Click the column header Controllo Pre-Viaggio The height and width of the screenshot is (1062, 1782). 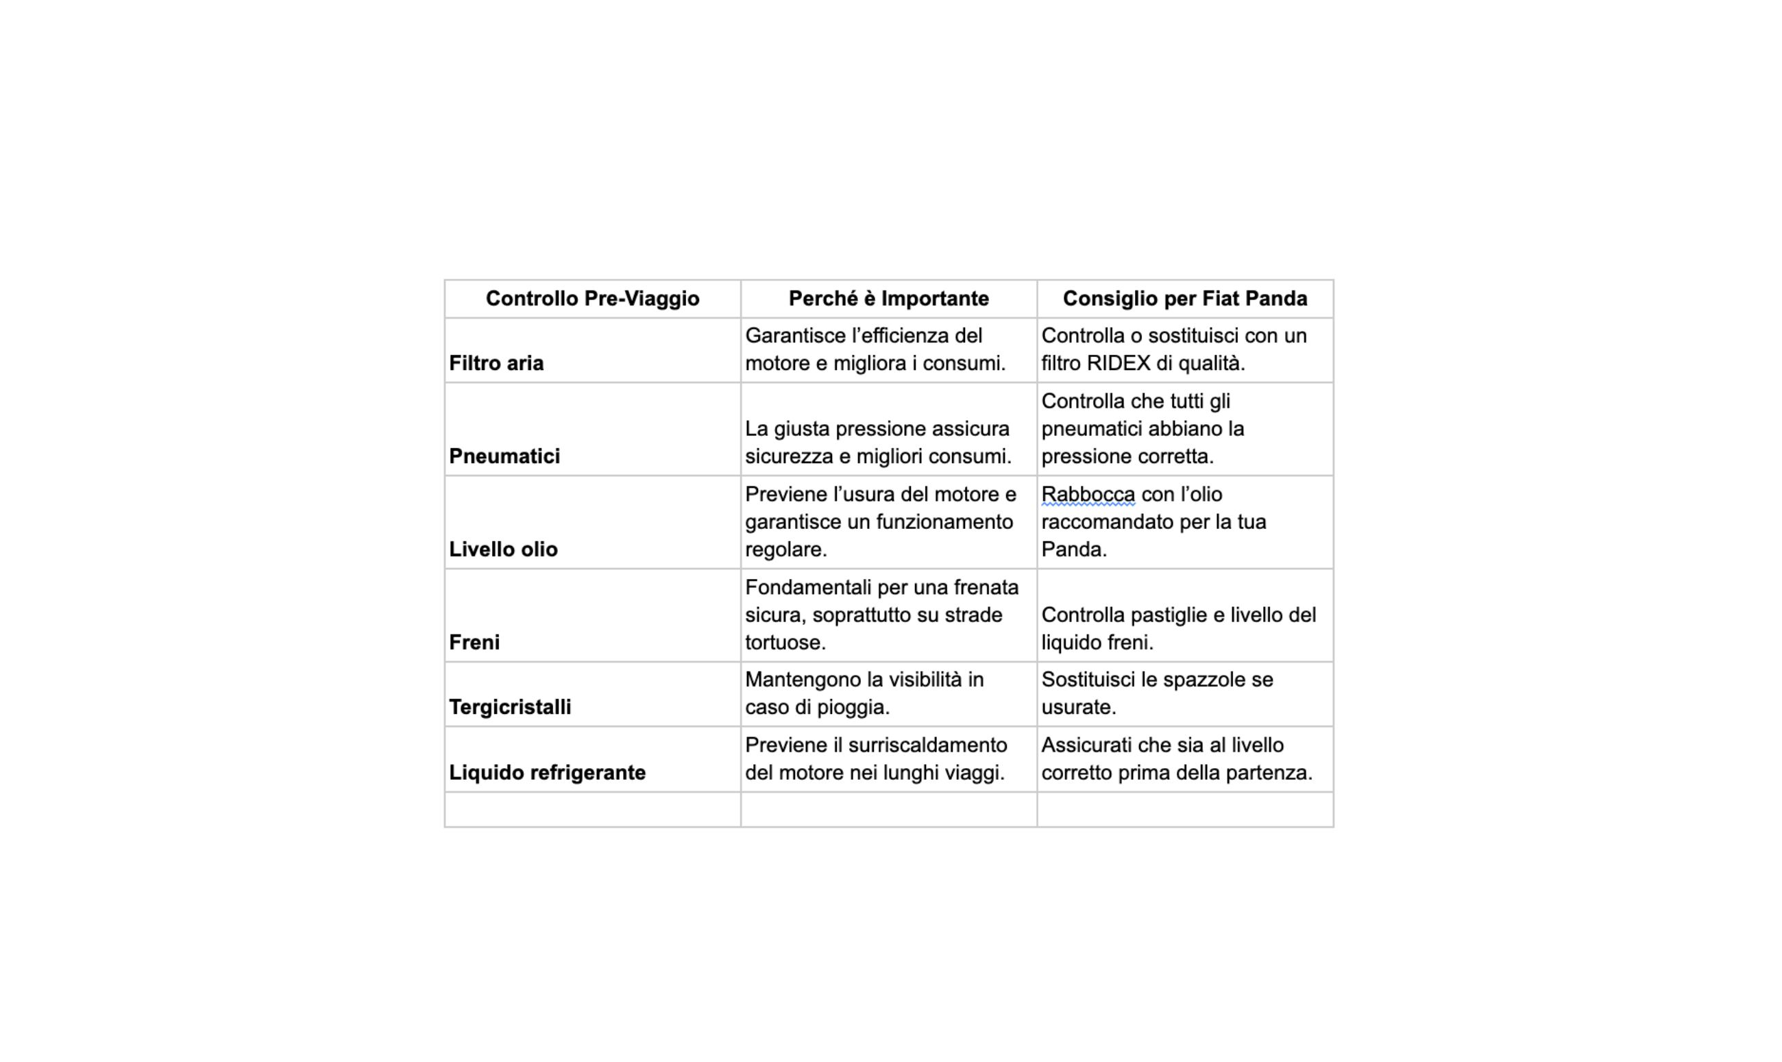(x=593, y=299)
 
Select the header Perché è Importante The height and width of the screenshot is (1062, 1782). (x=888, y=299)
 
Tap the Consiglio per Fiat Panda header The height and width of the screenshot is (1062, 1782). (x=1184, y=299)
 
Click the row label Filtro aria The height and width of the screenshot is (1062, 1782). (x=496, y=364)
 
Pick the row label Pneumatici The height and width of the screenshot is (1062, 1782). (x=504, y=456)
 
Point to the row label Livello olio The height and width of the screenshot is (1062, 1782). (x=503, y=549)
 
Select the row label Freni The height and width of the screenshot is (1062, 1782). (x=474, y=643)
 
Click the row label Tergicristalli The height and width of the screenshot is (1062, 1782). (x=509, y=707)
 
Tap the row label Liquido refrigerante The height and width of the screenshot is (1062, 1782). (x=547, y=773)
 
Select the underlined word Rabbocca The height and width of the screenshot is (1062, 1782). (x=1088, y=495)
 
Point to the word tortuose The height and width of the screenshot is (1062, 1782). (x=784, y=643)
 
